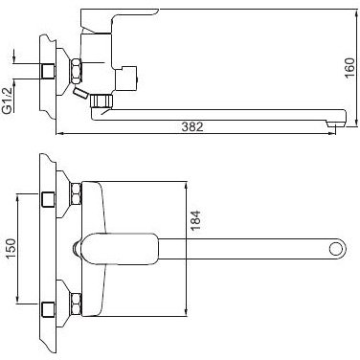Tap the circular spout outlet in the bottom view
(x=334, y=252)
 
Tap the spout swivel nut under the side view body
(x=102, y=100)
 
